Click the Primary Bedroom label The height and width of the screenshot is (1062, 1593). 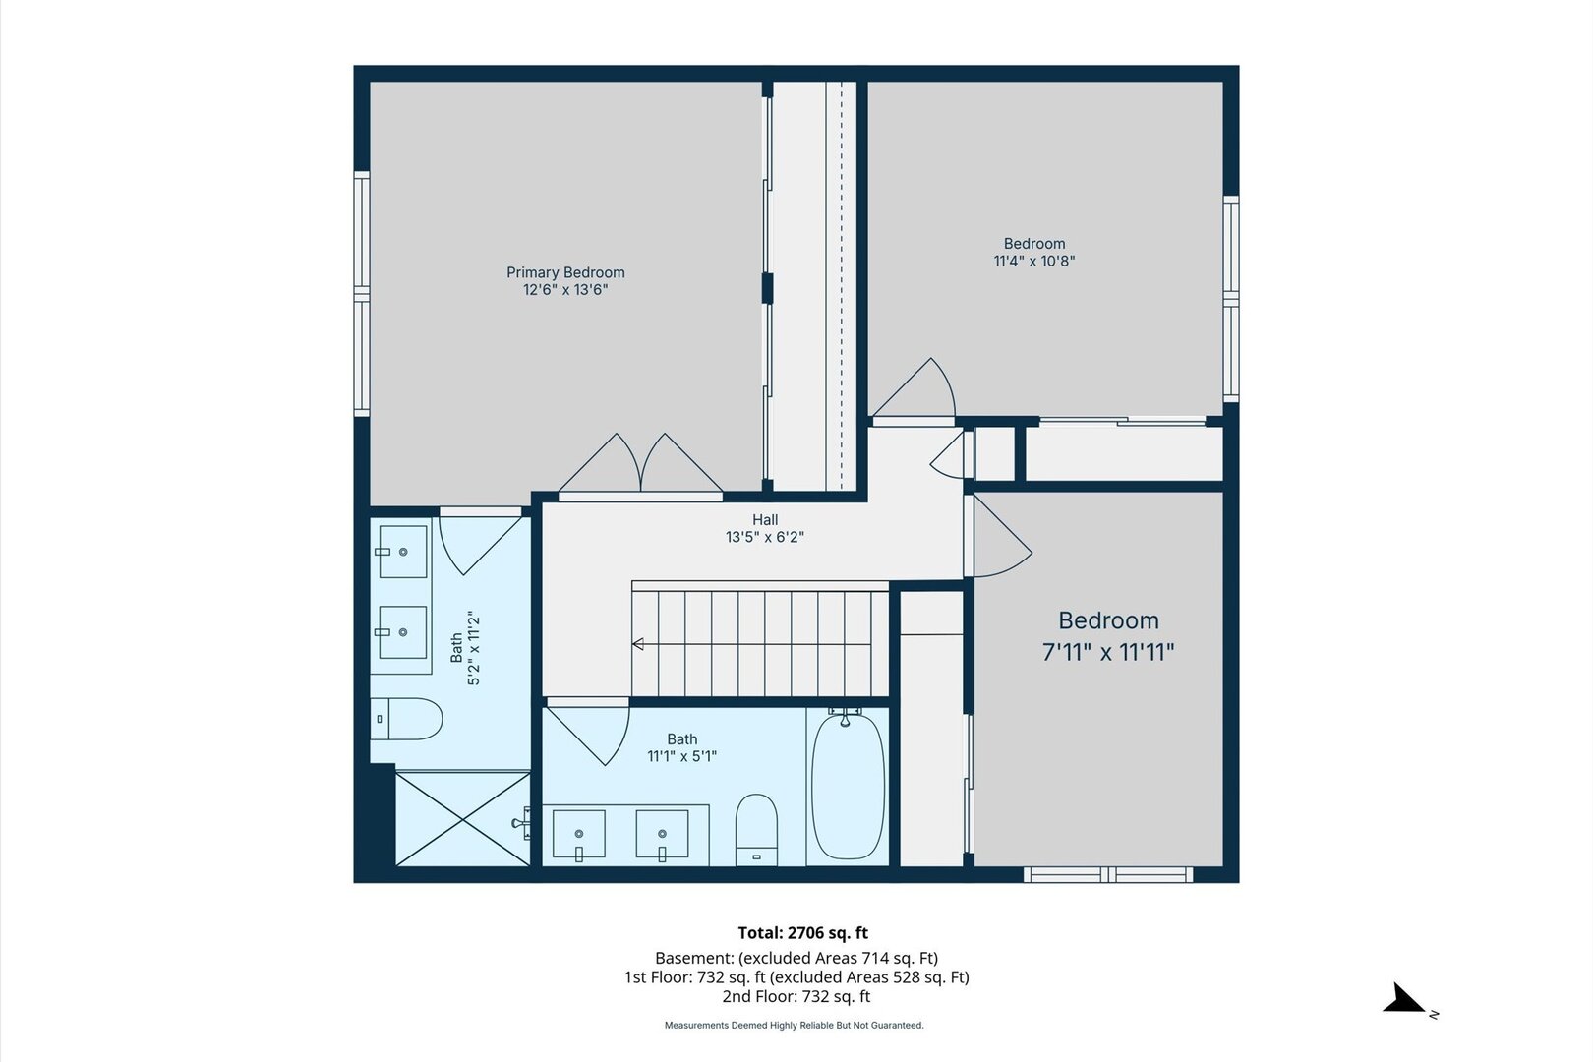click(x=565, y=272)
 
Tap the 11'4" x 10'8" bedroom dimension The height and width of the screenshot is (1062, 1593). click(x=1034, y=261)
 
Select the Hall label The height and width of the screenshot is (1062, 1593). click(x=765, y=520)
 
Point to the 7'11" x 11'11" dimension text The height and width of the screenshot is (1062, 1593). click(x=1108, y=652)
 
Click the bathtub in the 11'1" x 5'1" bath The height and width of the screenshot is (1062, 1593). click(x=848, y=786)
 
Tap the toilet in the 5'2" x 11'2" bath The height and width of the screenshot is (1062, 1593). click(x=406, y=719)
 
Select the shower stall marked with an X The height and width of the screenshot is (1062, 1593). click(x=463, y=819)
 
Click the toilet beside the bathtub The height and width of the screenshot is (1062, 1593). click(x=756, y=829)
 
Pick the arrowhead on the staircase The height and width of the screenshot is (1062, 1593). click(x=638, y=644)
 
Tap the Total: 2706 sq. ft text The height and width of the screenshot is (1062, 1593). click(x=803, y=932)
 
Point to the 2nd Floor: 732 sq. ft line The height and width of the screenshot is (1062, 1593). click(x=796, y=996)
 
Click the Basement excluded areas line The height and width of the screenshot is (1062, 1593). click(x=796, y=958)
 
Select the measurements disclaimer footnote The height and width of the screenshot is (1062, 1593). click(x=795, y=1025)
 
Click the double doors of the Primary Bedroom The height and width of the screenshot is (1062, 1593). click(x=641, y=463)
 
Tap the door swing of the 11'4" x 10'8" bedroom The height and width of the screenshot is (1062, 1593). click(x=914, y=387)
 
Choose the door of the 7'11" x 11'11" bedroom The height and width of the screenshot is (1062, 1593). click(x=999, y=537)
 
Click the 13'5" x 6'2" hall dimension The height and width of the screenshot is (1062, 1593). click(x=765, y=537)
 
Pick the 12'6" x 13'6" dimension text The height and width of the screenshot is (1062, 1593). click(x=565, y=290)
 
